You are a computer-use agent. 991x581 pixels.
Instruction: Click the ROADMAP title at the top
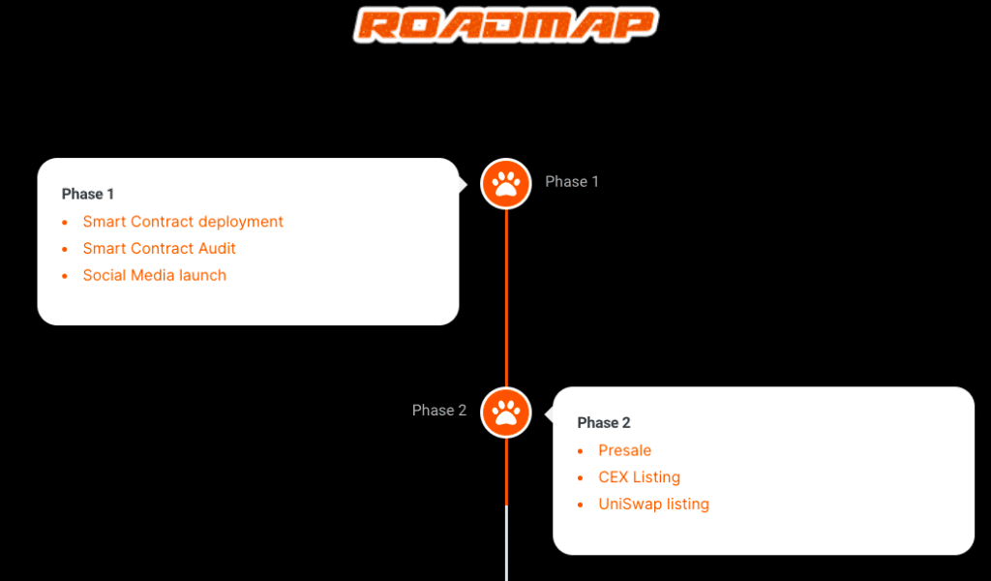[x=506, y=25]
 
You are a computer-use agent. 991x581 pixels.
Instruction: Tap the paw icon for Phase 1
[x=506, y=183]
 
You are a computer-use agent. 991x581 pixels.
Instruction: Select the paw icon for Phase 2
[x=506, y=413]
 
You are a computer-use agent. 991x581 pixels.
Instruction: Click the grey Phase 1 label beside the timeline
[x=572, y=182]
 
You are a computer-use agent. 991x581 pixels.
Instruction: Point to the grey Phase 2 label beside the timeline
[x=439, y=411]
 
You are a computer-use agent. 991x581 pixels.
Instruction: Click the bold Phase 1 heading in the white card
[x=88, y=195]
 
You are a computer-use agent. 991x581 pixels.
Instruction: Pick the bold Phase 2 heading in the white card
[x=604, y=423]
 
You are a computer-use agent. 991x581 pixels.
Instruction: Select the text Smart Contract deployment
[x=183, y=222]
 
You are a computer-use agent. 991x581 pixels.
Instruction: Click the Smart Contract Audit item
[x=160, y=249]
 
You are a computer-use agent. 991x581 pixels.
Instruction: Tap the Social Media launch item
[x=155, y=276]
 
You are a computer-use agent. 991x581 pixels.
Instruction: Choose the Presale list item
[x=625, y=450]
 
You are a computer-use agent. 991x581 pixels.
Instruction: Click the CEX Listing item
[x=640, y=477]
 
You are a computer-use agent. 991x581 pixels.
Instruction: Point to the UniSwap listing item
[x=654, y=505]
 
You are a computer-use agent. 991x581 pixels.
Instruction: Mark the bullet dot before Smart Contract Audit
[x=65, y=249]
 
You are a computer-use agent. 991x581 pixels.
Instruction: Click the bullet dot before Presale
[x=581, y=451]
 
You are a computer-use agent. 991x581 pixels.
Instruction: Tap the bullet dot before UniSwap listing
[x=581, y=505]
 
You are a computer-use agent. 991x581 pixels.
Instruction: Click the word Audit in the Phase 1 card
[x=217, y=249]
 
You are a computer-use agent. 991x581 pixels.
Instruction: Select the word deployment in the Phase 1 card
[x=241, y=223]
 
